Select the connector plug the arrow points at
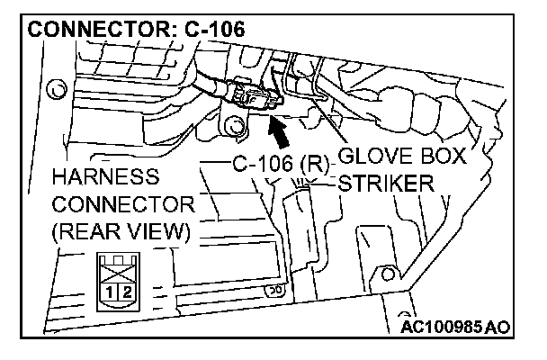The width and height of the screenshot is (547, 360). (x=253, y=94)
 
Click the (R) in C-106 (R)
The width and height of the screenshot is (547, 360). (x=316, y=165)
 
